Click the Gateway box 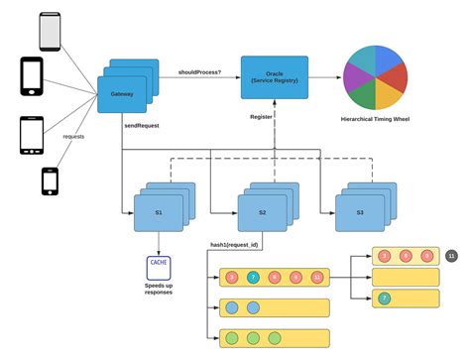(122, 93)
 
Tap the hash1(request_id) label (234, 243)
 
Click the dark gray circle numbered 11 (452, 256)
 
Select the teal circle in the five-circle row (254, 276)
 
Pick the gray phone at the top (50, 31)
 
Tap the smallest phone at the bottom (49, 181)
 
